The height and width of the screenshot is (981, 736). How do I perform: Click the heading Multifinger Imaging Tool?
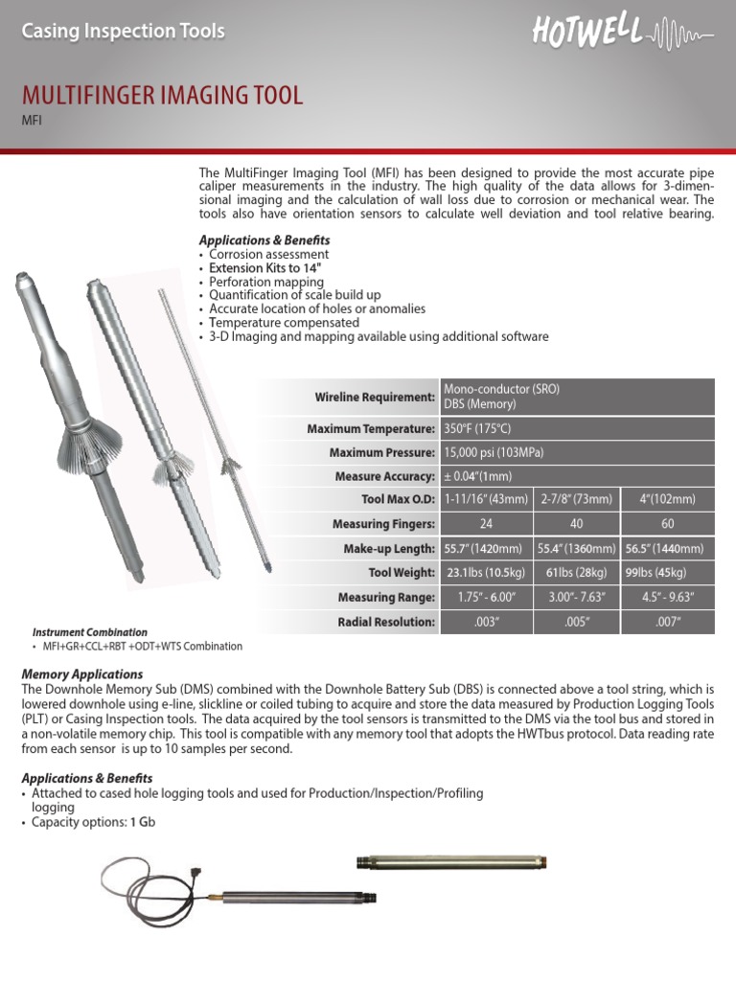click(x=162, y=95)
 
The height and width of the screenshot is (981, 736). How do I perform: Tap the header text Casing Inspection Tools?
click(x=123, y=32)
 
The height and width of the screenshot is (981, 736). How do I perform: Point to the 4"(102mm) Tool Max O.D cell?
click(x=667, y=499)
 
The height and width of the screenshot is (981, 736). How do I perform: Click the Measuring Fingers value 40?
click(x=576, y=524)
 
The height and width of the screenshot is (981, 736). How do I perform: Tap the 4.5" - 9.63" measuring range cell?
click(x=667, y=598)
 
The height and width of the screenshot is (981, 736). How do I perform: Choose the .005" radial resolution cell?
click(x=576, y=622)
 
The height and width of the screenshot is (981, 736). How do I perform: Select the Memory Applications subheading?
click(x=81, y=674)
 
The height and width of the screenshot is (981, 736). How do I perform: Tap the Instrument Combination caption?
click(x=90, y=632)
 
